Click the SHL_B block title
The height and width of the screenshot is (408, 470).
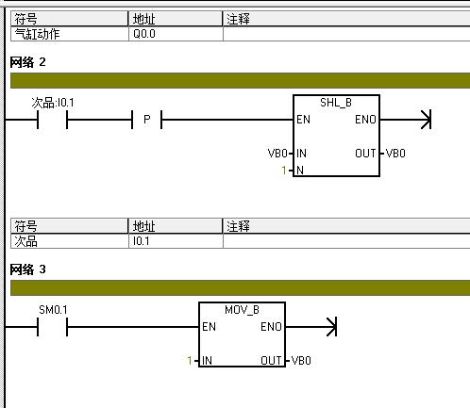pos(336,103)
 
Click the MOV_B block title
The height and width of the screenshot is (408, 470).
pos(242,310)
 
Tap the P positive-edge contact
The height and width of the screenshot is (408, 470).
pos(146,120)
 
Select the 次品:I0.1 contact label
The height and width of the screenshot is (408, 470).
pos(53,103)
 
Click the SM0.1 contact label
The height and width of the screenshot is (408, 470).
pos(53,310)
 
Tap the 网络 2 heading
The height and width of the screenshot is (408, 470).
pos(27,62)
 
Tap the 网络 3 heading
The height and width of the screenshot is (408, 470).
pos(27,269)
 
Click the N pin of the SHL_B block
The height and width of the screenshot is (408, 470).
pos(300,171)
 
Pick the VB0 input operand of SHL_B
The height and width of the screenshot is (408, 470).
pos(277,154)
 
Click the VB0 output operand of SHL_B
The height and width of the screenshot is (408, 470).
pos(395,154)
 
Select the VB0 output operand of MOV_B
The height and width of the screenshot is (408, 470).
pos(301,361)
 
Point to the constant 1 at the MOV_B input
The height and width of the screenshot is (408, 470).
pos(190,361)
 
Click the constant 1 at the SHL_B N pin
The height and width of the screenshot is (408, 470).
pos(284,171)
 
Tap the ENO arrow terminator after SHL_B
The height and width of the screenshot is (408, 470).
pos(426,120)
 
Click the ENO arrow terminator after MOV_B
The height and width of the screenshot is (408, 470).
pos(331,327)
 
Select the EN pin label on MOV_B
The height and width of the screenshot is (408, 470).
pos(209,327)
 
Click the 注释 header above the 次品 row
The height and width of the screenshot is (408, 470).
pos(238,226)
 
